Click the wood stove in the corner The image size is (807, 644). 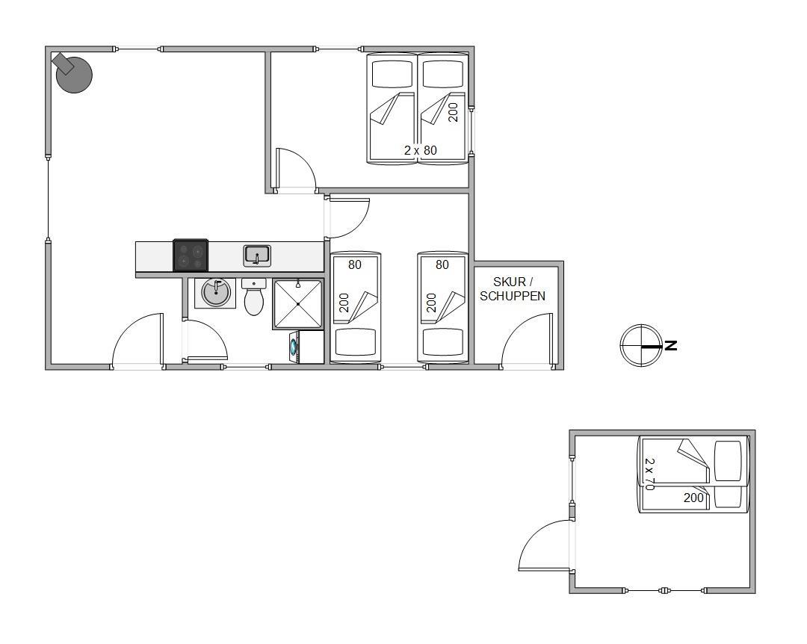coord(73,73)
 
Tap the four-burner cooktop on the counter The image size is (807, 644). coord(191,256)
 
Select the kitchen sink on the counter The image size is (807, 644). coord(257,256)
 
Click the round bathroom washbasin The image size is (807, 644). coord(215,293)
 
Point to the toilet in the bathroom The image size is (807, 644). coord(254,297)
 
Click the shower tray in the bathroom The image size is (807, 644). coord(298,304)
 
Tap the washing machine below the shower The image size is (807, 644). coord(307,347)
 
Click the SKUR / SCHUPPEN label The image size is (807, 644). coord(513,289)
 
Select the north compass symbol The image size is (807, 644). coord(641,345)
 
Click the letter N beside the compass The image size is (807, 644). coord(670,345)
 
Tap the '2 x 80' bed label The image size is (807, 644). coord(421,150)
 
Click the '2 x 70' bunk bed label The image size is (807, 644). coord(649,474)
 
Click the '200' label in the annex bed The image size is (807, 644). coord(693,498)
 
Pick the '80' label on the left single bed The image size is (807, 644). coord(355,264)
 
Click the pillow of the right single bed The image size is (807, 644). coord(442,342)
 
